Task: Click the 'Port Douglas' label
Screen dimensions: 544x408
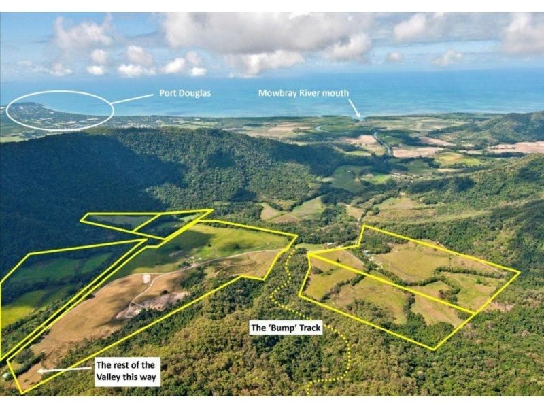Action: click(185, 93)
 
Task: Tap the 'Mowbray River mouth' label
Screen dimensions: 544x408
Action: click(303, 93)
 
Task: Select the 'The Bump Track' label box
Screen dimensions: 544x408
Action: click(286, 328)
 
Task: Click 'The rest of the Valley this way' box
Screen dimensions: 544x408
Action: click(128, 371)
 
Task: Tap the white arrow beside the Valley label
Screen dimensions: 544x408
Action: click(66, 370)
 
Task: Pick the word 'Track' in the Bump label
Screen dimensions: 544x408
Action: click(309, 328)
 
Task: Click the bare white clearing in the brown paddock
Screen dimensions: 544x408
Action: click(146, 278)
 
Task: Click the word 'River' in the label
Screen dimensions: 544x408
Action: click(307, 93)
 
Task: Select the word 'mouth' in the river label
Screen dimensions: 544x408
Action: click(335, 93)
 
